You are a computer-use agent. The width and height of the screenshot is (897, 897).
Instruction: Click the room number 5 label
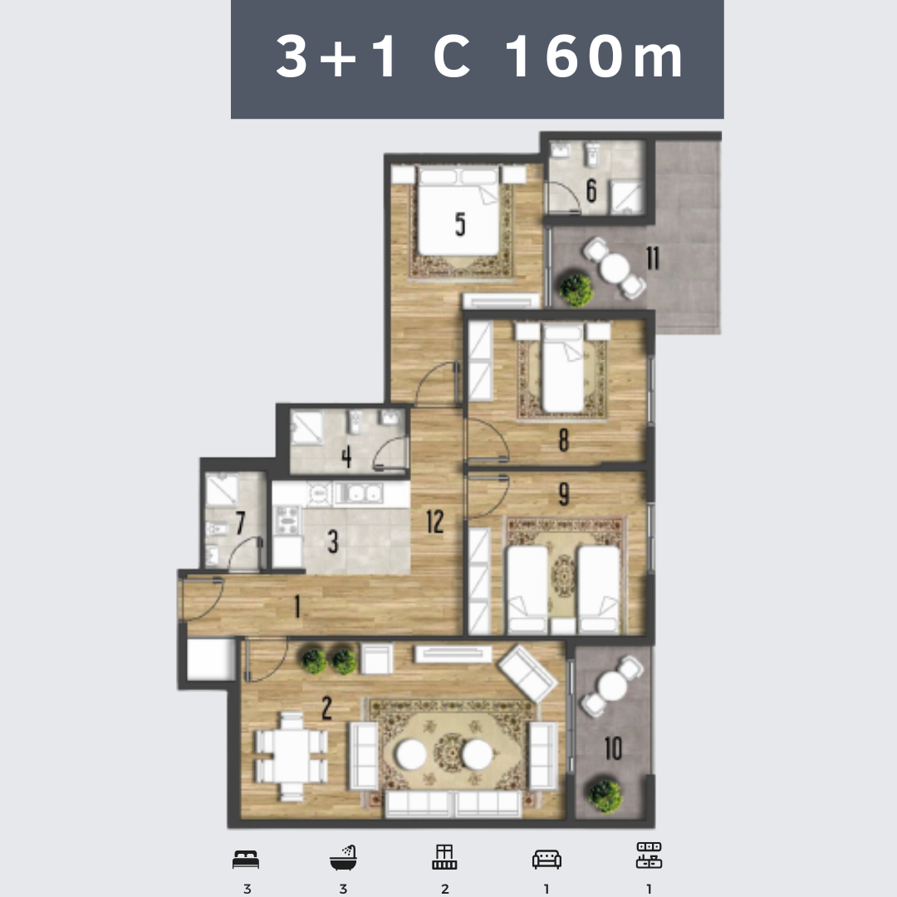460,223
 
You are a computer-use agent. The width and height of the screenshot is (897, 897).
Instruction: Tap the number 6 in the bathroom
591,190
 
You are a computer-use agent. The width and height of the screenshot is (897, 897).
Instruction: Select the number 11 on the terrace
653,258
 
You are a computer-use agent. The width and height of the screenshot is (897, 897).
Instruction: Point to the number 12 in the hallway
434,521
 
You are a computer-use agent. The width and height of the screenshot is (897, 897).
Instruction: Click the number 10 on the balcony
613,748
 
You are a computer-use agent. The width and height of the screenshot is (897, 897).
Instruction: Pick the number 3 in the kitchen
333,542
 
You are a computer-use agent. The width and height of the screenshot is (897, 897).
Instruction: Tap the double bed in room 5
458,210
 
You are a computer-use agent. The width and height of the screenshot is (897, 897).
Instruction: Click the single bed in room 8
563,368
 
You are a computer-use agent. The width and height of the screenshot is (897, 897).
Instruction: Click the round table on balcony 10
612,685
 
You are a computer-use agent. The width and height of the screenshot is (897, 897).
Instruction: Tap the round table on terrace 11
615,267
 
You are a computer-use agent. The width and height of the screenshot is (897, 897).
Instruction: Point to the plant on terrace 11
576,290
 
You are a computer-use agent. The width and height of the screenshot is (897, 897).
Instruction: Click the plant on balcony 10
605,796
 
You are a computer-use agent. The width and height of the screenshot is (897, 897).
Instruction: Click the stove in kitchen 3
287,520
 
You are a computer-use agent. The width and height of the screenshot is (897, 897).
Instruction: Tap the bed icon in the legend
246,860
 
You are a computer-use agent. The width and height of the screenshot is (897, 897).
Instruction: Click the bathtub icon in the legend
343,857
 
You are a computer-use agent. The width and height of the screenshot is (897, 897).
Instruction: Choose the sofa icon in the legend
547,860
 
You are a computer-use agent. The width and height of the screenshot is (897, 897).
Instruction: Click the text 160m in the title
595,56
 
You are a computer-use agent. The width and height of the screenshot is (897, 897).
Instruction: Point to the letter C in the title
452,56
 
